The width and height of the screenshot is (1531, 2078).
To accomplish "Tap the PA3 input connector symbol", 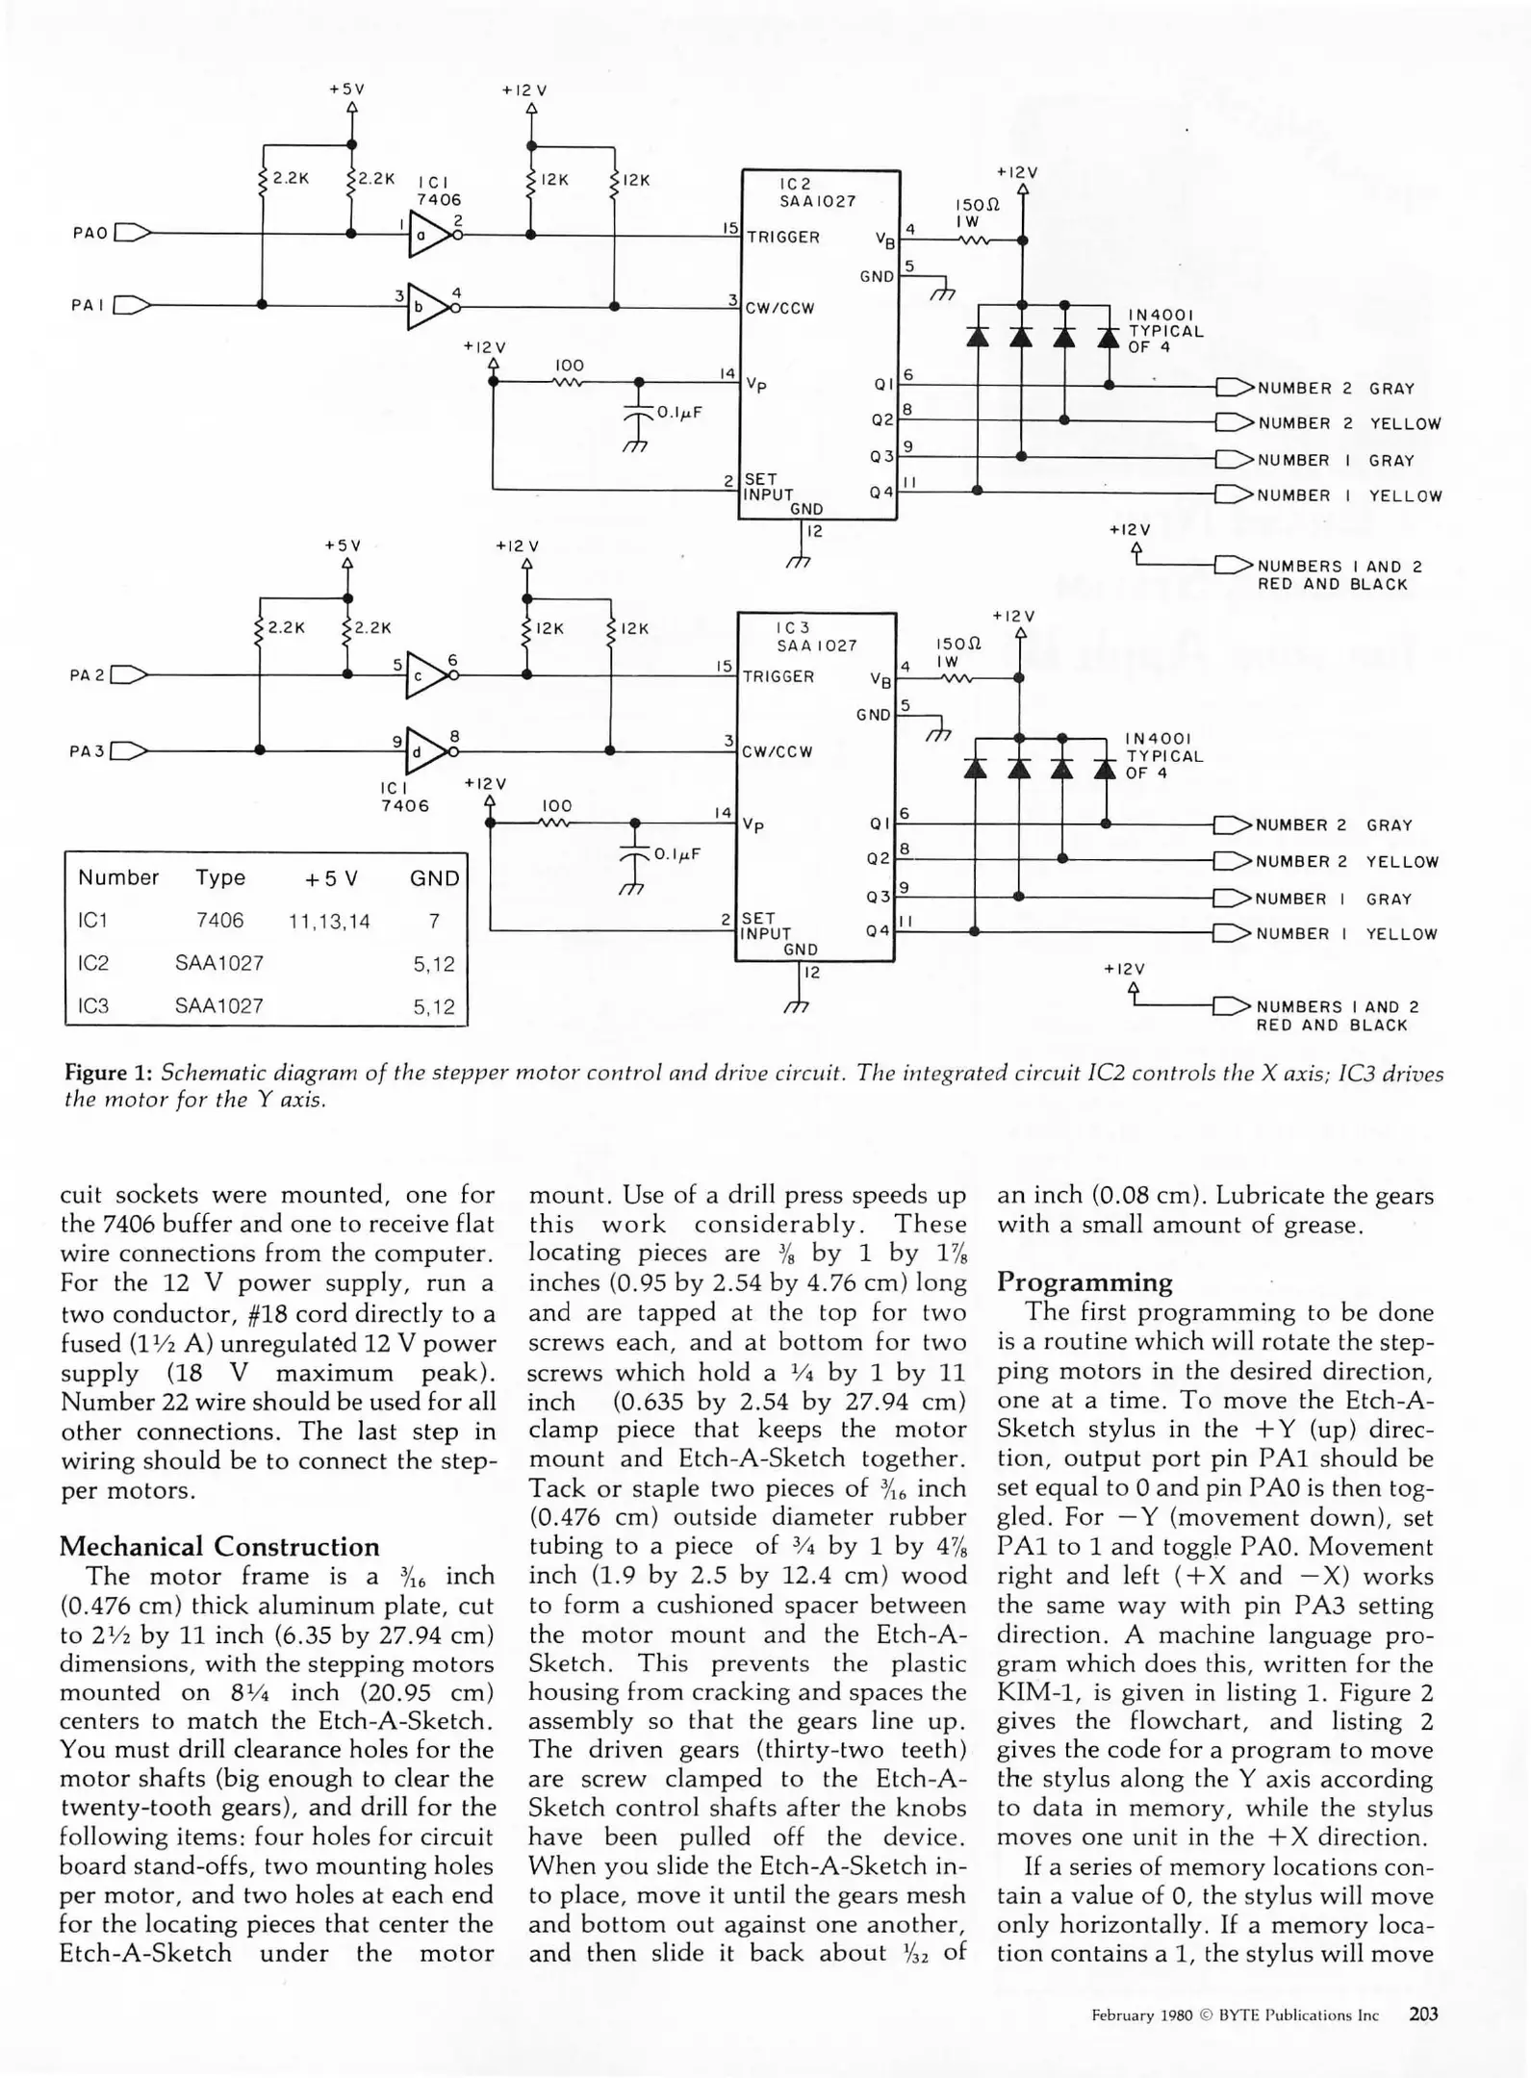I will click(x=130, y=750).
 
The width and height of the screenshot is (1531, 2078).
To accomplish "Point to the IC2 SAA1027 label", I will click(x=817, y=192).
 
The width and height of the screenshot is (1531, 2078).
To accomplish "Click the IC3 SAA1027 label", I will click(x=816, y=636).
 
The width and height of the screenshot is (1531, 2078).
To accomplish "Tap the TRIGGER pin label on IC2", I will click(x=783, y=238).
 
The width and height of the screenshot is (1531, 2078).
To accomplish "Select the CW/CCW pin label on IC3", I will click(x=778, y=752).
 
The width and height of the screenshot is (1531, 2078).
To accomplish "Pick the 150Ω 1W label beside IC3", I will click(x=956, y=652).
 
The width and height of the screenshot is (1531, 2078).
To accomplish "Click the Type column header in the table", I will click(x=220, y=877).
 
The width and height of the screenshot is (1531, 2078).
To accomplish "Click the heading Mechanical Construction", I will click(x=219, y=1546).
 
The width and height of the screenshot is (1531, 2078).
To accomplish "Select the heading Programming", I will click(x=1084, y=1281).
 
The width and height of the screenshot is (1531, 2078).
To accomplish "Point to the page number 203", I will click(x=1423, y=2014).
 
